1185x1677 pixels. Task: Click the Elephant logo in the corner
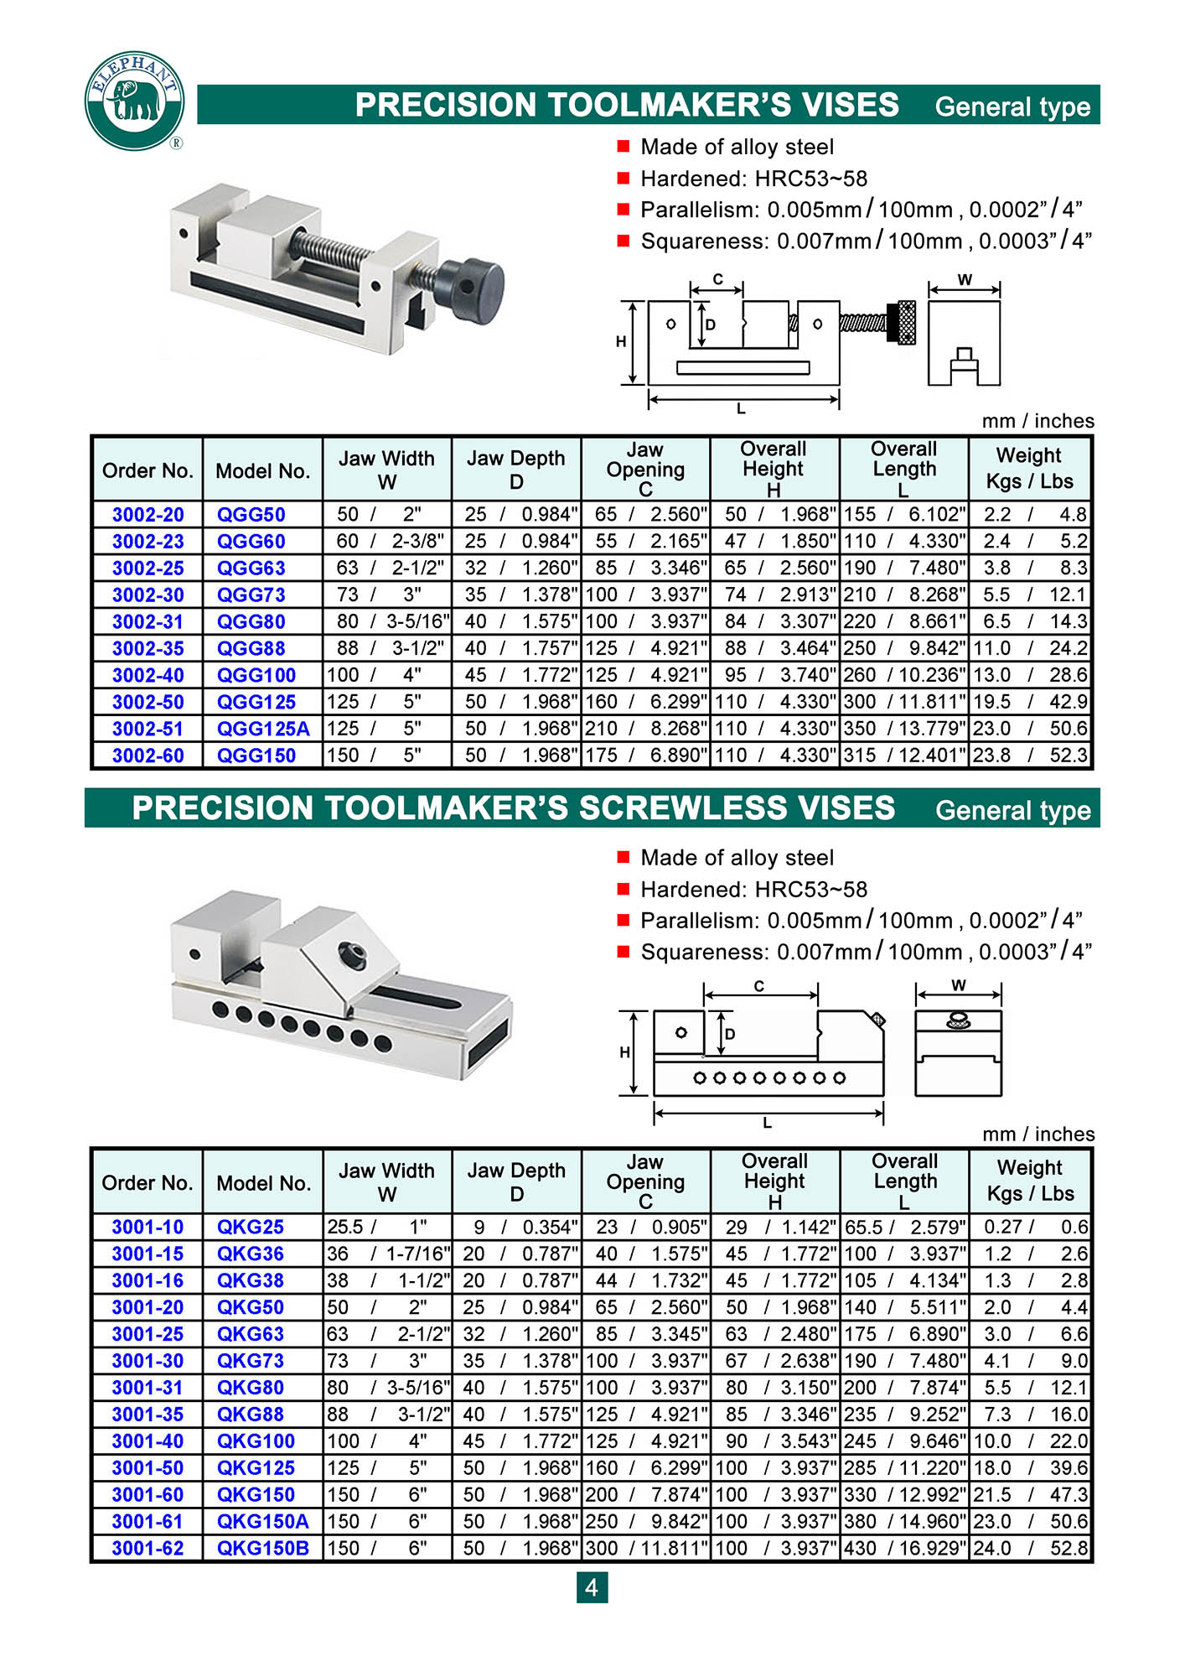coord(134,101)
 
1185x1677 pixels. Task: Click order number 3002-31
coord(147,621)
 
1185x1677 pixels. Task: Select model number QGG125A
coord(263,729)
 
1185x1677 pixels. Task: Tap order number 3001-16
coord(147,1280)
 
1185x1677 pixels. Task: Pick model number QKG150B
coord(263,1548)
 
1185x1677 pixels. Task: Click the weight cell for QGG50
coord(1030,514)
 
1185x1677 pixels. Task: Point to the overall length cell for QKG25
coord(905,1227)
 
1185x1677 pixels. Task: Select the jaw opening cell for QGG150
coord(645,755)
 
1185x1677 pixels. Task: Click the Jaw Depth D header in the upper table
coord(516,470)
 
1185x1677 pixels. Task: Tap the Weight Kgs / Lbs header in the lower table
coord(1030,1181)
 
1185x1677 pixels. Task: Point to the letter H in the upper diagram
coord(621,341)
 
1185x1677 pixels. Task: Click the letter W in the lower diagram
coord(959,985)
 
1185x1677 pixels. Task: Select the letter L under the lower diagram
coord(767,1123)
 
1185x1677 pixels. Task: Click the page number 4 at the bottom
coord(592,1587)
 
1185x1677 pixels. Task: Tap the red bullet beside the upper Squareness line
coord(623,241)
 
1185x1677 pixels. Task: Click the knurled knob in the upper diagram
coord(906,323)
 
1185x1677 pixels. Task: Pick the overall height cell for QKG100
coord(775,1441)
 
